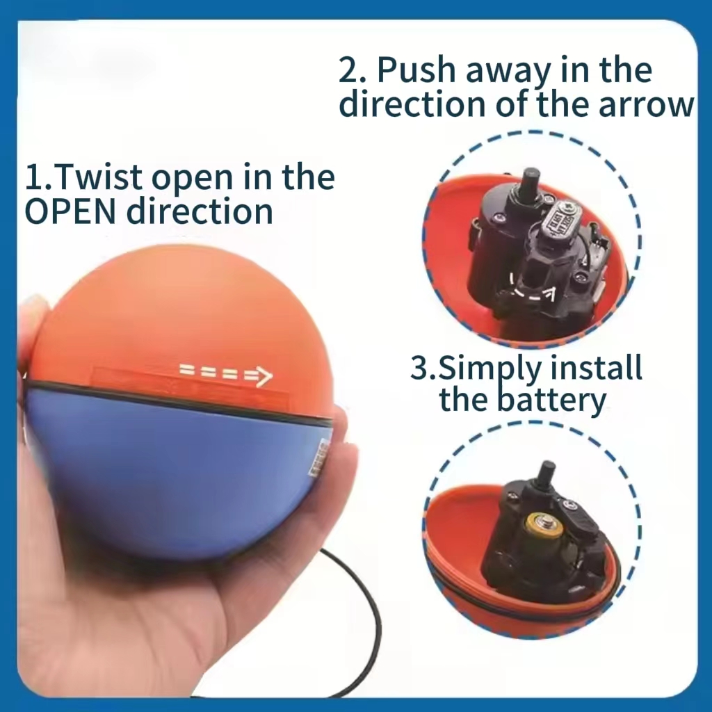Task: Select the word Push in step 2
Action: [419, 70]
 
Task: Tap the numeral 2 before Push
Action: [348, 71]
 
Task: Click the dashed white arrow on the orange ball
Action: [225, 375]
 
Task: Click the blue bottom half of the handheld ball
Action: [174, 480]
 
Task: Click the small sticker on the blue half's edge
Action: [322, 455]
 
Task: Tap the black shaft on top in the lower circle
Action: [547, 474]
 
